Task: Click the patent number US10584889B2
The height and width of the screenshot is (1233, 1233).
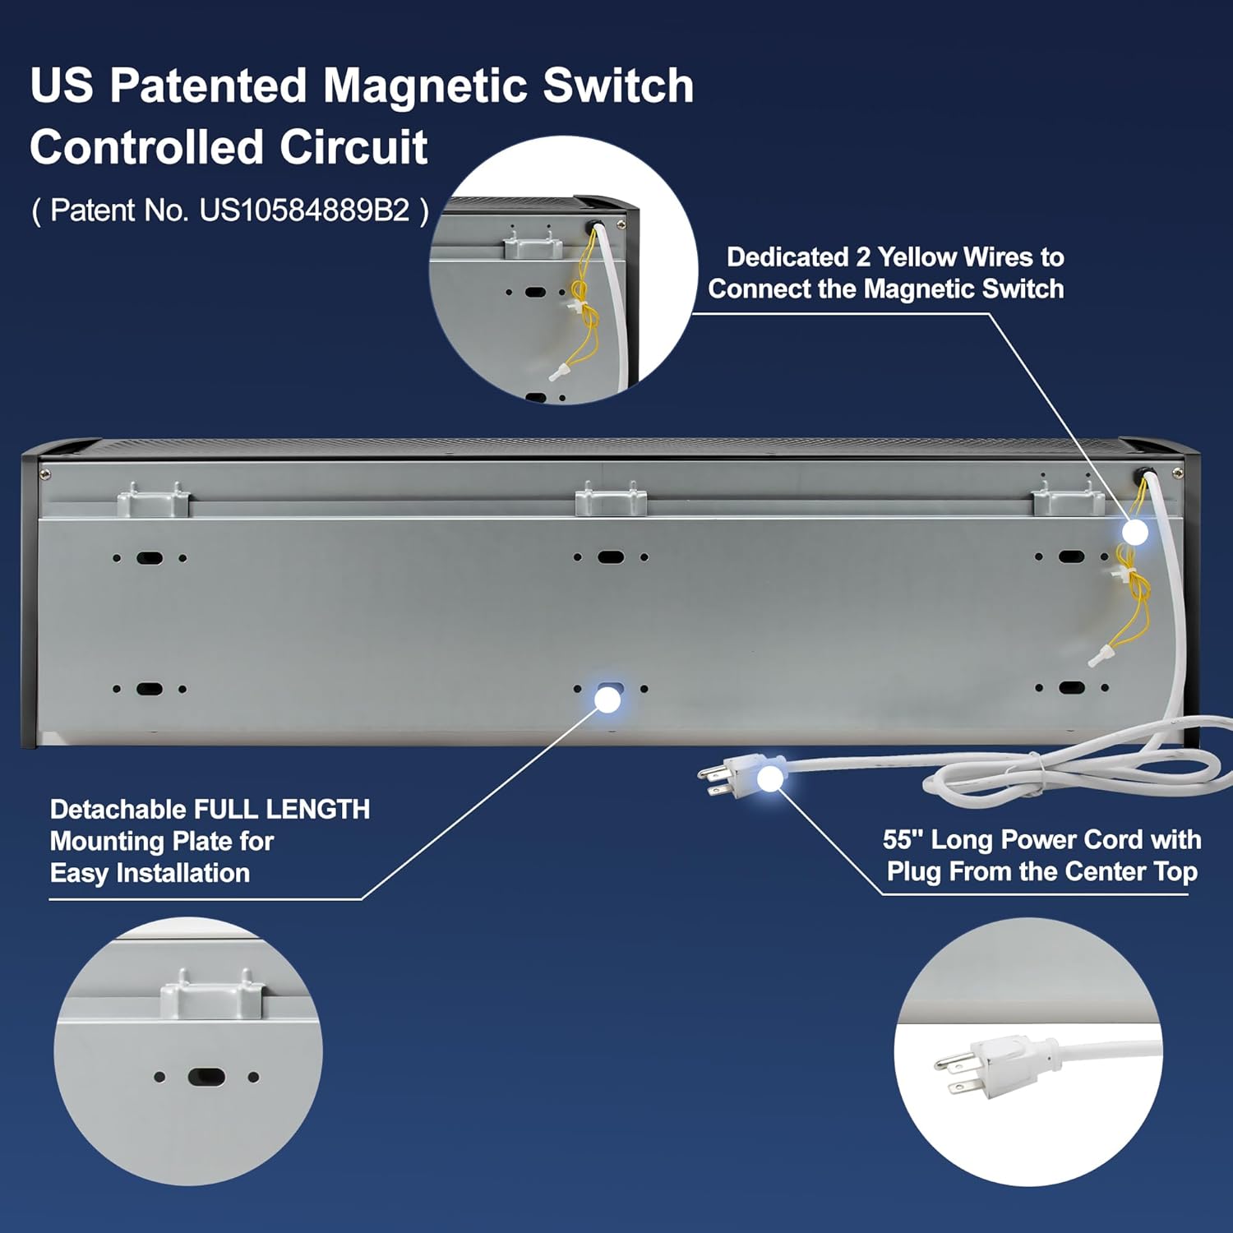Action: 305,210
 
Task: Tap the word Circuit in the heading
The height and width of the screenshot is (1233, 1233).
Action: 353,147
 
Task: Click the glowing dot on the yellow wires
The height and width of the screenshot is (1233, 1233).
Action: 1135,533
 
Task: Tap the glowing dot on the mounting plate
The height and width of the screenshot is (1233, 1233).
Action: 607,700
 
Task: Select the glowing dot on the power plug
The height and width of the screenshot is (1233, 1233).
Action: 769,778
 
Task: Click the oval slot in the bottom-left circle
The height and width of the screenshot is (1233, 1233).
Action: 205,1076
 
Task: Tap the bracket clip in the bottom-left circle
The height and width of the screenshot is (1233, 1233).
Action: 212,994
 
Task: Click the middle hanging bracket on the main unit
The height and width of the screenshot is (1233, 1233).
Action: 611,500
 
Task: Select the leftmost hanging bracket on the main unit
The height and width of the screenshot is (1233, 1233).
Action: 154,500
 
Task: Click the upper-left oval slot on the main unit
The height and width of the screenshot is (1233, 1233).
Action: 150,558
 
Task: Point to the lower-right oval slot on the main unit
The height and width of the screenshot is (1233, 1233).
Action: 1071,687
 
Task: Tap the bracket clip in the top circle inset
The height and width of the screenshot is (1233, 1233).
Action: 533,243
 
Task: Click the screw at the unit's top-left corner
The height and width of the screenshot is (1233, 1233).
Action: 44,473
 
